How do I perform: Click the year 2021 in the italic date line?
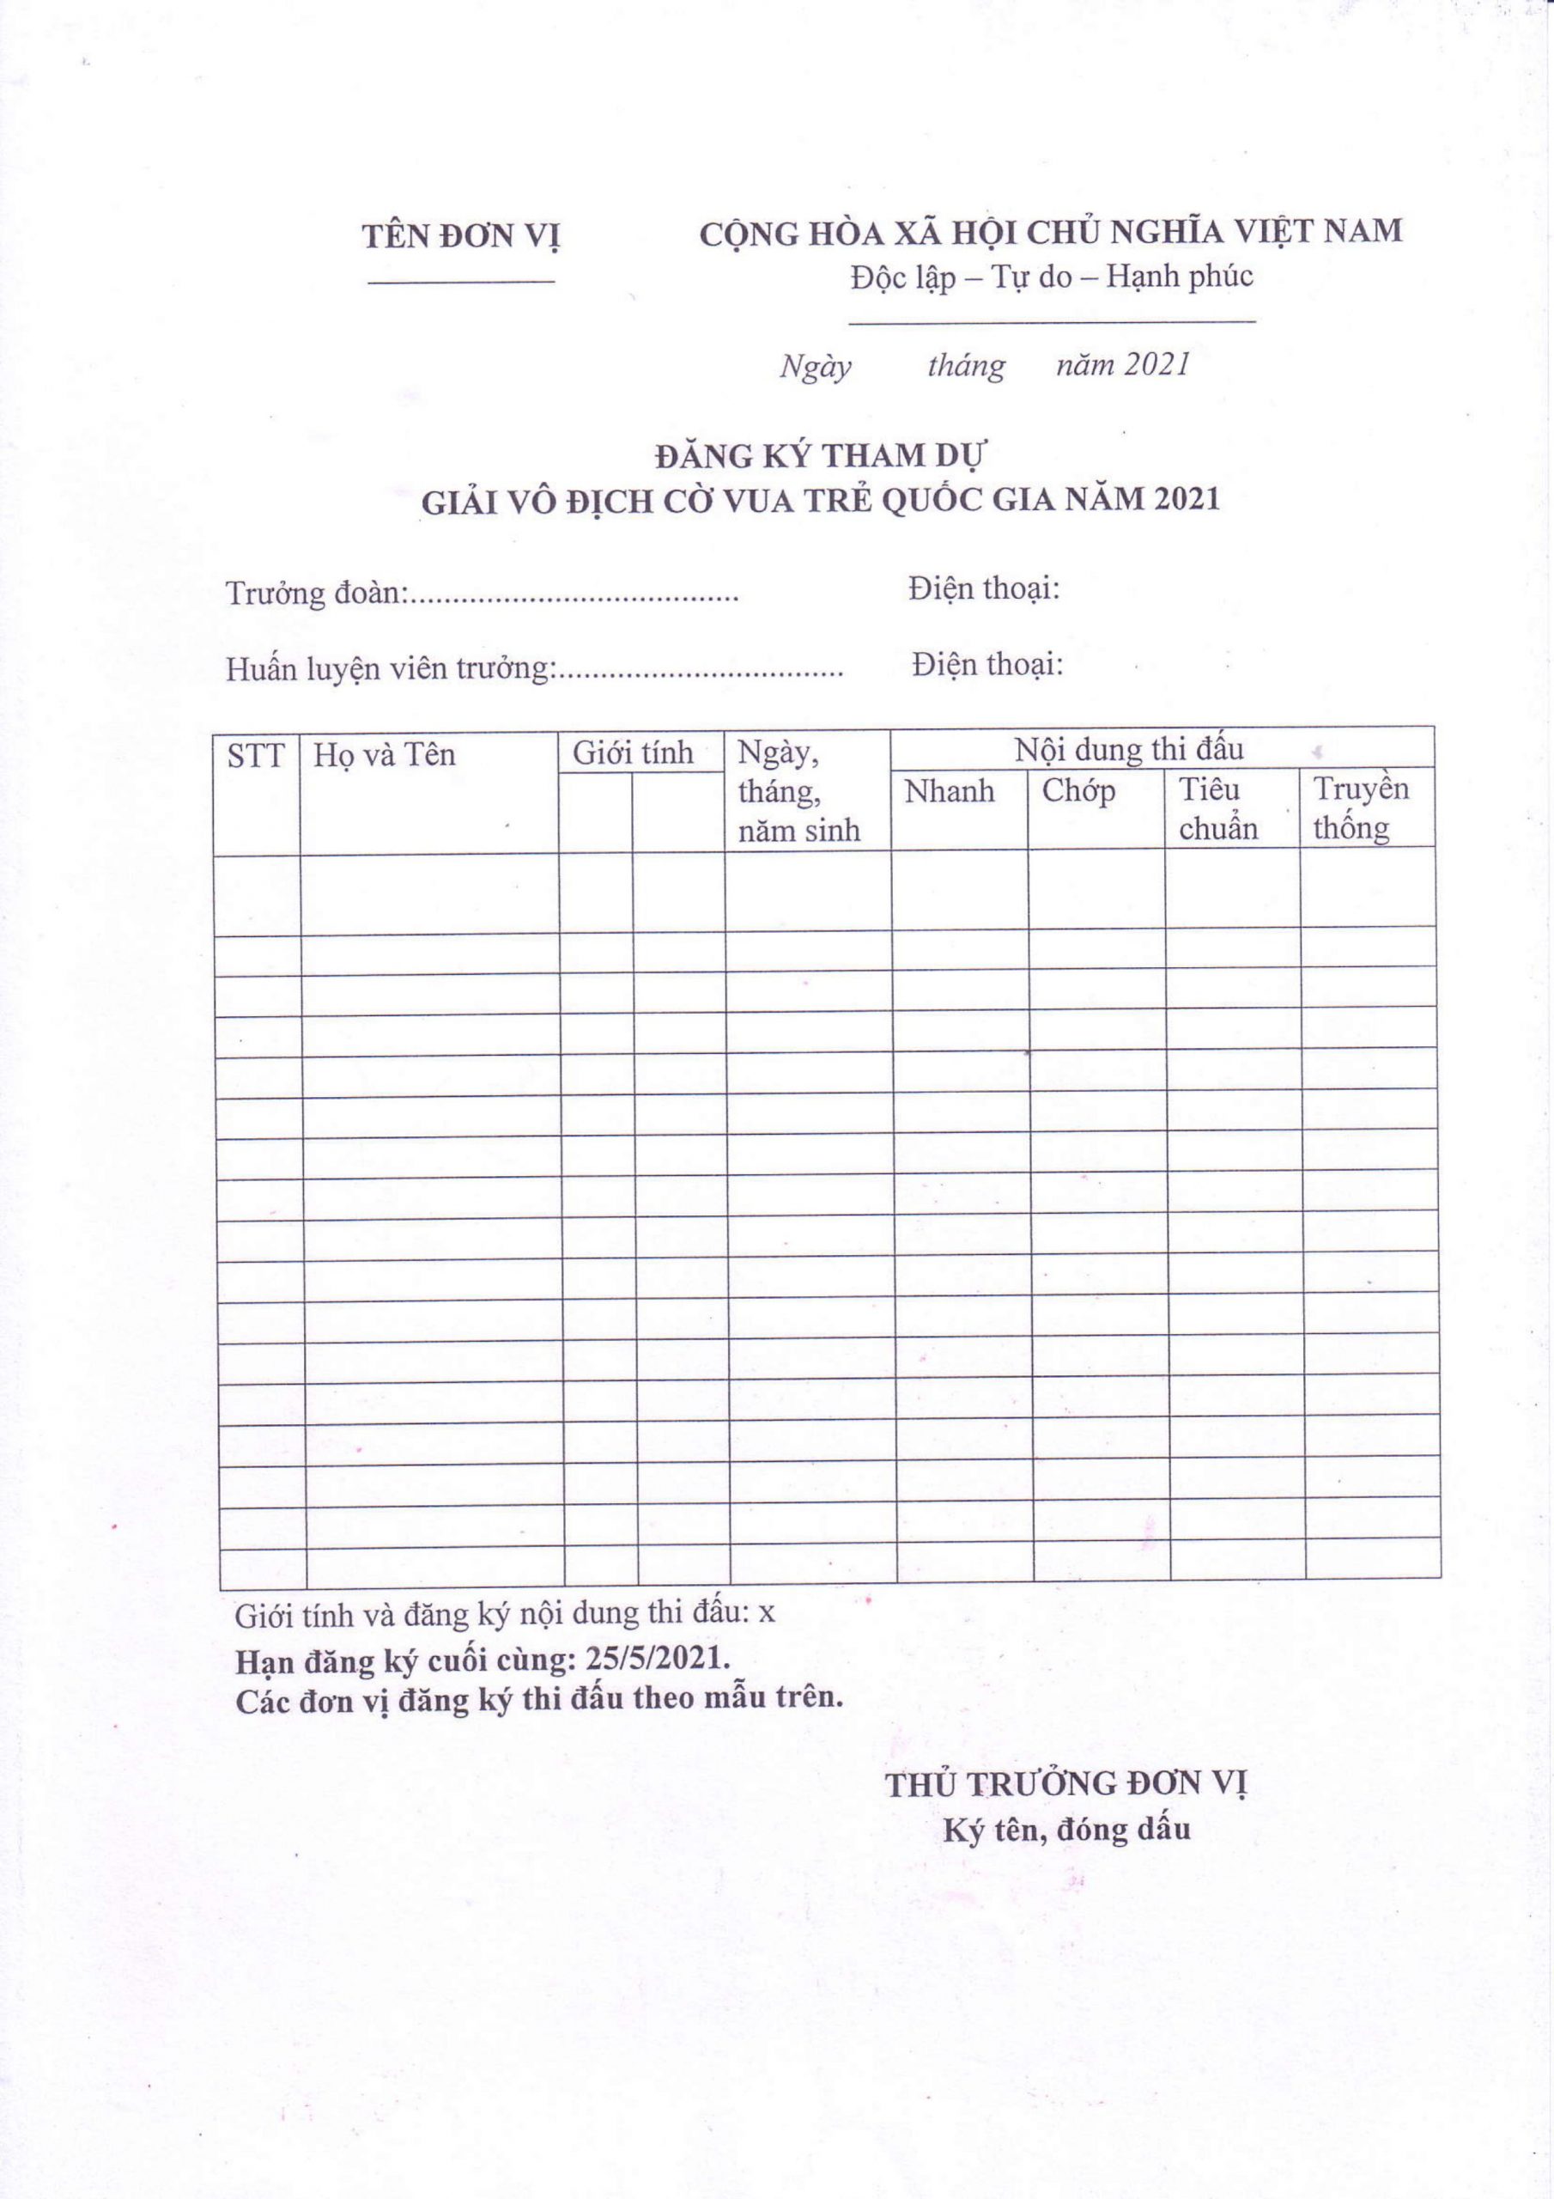click(x=1156, y=365)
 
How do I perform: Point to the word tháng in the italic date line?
click(x=965, y=366)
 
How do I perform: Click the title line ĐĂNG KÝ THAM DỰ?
click(x=821, y=456)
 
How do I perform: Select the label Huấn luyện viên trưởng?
click(x=389, y=668)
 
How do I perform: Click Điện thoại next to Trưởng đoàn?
click(x=983, y=588)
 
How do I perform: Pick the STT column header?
click(x=256, y=757)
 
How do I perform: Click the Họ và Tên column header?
click(x=384, y=756)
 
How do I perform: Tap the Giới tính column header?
click(x=633, y=752)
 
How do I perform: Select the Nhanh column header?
click(x=949, y=791)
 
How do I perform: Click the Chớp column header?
click(x=1078, y=791)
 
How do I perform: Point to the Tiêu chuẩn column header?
click(x=1217, y=808)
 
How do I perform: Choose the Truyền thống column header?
click(x=1360, y=807)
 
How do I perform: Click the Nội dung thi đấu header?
click(x=1128, y=749)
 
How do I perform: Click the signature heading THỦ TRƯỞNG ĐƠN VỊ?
click(x=1065, y=1783)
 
